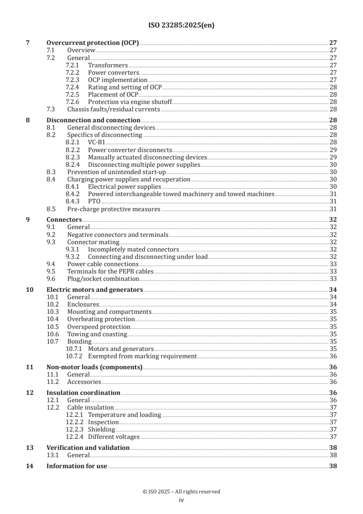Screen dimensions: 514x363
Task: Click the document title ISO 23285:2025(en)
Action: pos(181,26)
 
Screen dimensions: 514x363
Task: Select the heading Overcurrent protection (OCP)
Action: pos(92,43)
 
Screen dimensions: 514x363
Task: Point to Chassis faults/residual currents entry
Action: pos(114,109)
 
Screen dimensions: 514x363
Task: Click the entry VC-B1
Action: pos(97,142)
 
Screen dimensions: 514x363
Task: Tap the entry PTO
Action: pos(94,202)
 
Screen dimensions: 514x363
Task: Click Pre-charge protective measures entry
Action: pos(114,209)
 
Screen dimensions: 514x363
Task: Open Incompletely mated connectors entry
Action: pos(133,249)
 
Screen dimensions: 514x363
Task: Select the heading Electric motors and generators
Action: pos(95,290)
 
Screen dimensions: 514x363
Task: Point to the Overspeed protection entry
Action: pos(98,327)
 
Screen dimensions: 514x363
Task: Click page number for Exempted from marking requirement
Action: pos(333,356)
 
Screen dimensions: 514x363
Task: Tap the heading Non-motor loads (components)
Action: pos(94,367)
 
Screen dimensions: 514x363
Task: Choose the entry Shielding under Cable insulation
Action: pos(102,430)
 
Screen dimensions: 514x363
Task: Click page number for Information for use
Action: pos(333,466)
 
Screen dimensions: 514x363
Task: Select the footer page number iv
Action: pos(181,500)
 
